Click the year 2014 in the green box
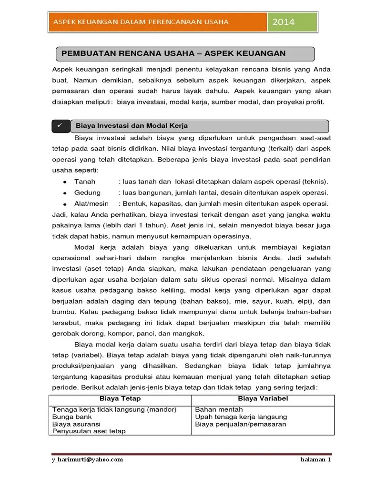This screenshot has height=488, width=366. point(283,22)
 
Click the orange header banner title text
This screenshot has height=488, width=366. point(141,21)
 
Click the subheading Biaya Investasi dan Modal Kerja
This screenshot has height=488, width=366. point(132,126)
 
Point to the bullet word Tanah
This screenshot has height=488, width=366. point(85,182)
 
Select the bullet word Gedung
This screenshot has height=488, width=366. point(87,193)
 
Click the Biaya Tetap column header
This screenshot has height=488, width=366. point(120,398)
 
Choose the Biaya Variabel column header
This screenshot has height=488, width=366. point(263,398)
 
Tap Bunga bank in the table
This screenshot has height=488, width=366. point(72,417)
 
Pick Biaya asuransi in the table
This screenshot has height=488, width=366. point(76,424)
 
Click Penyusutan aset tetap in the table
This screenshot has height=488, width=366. point(89,431)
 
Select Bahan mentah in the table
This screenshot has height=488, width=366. point(219,409)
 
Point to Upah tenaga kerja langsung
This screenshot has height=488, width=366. point(241,417)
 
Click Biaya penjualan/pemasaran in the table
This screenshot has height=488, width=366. point(241,424)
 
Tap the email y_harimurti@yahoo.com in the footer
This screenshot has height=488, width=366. point(87,459)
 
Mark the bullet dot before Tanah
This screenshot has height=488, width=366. point(64,182)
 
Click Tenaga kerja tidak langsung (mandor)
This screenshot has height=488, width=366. point(114,409)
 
